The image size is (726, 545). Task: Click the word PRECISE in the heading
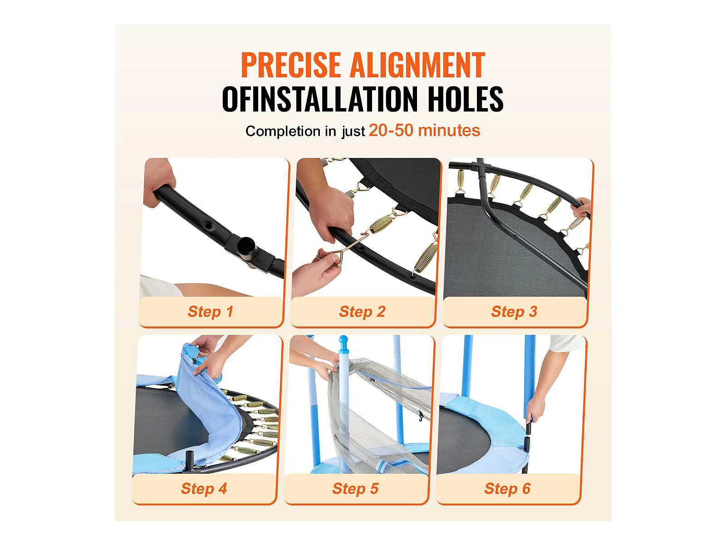[x=291, y=65]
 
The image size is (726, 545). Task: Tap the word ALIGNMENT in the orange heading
[x=417, y=65]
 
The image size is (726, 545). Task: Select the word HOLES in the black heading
[x=466, y=99]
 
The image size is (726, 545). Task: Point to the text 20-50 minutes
[x=424, y=130]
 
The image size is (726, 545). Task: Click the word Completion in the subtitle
[x=283, y=131]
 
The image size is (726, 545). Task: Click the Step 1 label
[x=211, y=312]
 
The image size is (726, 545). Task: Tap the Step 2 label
[x=362, y=312]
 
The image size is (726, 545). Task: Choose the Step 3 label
[x=514, y=312]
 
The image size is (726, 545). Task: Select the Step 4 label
[x=204, y=488]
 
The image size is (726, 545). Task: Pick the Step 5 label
[x=356, y=488]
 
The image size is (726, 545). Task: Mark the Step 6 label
[x=507, y=488]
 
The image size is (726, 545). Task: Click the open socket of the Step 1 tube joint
[x=247, y=246]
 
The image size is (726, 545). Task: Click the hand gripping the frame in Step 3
[x=581, y=207]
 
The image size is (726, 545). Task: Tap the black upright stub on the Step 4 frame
[x=190, y=459]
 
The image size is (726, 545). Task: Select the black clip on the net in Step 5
[x=421, y=416]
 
